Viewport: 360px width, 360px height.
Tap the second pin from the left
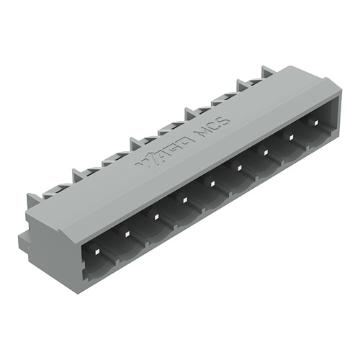(x=126, y=233)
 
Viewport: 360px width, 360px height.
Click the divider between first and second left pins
(x=112, y=248)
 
